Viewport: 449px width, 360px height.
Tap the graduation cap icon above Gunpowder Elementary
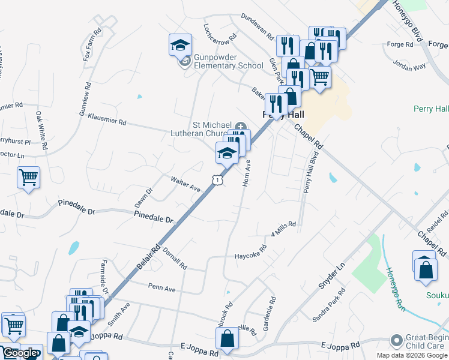pyautogui.click(x=179, y=45)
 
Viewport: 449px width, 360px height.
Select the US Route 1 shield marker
pyautogui.click(x=216, y=179)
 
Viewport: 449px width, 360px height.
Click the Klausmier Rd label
pyautogui.click(x=107, y=119)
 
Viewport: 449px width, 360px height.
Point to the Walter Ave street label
pyautogui.click(x=185, y=184)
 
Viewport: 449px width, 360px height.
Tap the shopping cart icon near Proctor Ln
pyautogui.click(x=28, y=178)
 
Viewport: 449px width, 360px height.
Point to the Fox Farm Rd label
pyautogui.click(x=92, y=45)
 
